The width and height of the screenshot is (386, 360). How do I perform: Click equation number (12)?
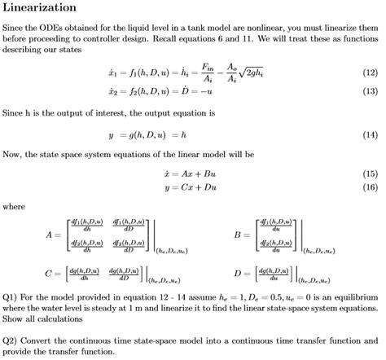(x=369, y=73)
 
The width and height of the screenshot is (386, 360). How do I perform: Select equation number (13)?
(x=369, y=91)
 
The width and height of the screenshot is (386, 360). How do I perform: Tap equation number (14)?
(x=369, y=134)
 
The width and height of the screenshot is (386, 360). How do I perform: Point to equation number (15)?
(x=369, y=173)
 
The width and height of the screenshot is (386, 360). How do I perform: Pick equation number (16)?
(x=369, y=187)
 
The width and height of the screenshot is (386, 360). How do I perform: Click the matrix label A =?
(x=54, y=235)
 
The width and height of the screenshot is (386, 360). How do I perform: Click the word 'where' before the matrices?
(x=14, y=207)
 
